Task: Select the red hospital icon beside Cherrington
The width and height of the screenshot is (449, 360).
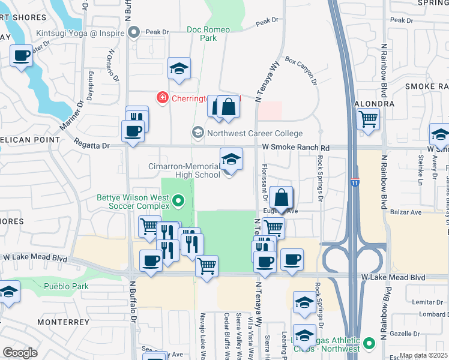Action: click(161, 97)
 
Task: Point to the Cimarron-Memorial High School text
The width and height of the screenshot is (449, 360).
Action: click(184, 170)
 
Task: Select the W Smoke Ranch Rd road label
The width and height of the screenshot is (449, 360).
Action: click(296, 148)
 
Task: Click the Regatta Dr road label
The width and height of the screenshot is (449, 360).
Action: click(91, 144)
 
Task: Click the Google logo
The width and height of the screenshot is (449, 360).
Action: click(20, 352)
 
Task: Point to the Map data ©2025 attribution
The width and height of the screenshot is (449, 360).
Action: click(423, 355)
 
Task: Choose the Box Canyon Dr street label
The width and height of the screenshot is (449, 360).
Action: click(300, 67)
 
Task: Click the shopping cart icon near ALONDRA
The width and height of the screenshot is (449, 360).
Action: click(368, 119)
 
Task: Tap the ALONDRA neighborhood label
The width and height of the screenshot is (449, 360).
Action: click(375, 103)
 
